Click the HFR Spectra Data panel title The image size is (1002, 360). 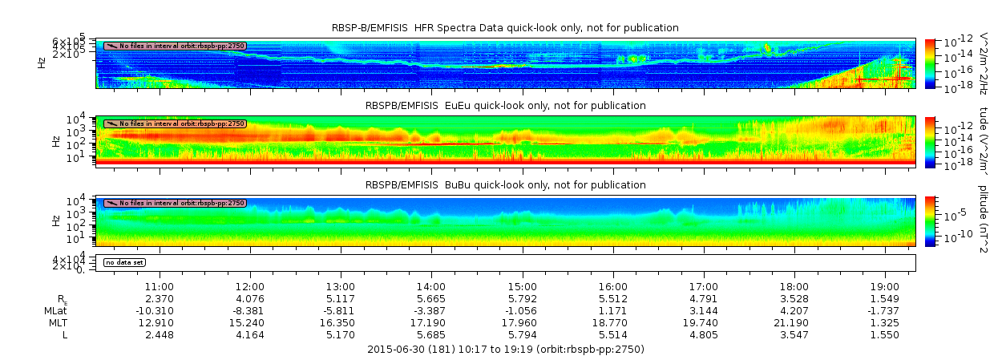click(505, 28)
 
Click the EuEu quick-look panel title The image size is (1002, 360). click(505, 106)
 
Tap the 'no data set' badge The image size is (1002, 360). click(124, 262)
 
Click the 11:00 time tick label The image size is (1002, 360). click(160, 286)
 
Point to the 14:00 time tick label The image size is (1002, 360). click(431, 286)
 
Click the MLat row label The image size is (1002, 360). click(56, 310)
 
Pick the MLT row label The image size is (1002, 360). click(56, 322)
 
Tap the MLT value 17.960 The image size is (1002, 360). click(522, 322)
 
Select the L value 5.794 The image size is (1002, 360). click(522, 335)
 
